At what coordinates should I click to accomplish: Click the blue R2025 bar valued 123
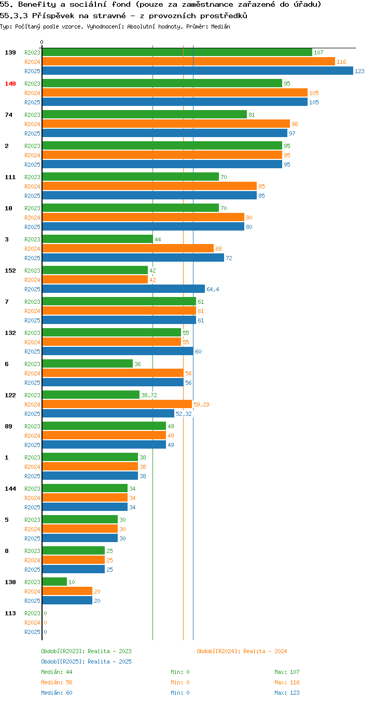(198, 71)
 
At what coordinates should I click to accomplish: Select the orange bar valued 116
(188, 61)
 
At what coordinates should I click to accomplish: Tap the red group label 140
(10, 84)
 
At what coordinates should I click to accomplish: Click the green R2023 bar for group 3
(98, 239)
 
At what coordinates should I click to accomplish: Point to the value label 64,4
(213, 289)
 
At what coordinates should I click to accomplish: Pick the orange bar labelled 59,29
(117, 404)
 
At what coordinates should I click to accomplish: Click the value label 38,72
(149, 395)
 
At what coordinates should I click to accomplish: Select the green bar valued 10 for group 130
(54, 582)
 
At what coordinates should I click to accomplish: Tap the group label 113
(10, 613)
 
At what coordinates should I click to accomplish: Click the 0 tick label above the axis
(41, 42)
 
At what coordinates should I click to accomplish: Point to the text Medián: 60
(57, 693)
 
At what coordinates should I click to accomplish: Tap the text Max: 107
(287, 672)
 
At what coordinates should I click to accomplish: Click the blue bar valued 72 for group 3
(133, 258)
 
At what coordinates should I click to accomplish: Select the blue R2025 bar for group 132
(118, 351)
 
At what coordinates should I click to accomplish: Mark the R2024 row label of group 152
(32, 280)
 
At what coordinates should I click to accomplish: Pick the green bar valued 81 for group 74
(145, 114)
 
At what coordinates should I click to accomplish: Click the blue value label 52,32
(184, 414)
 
